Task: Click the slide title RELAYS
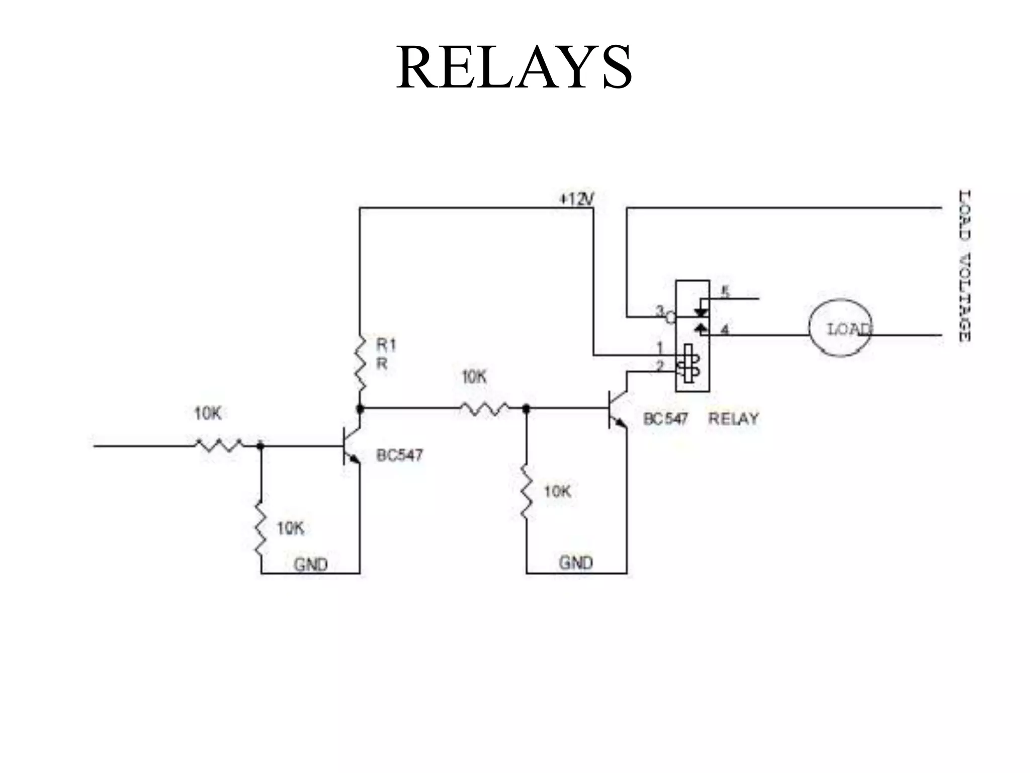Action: point(513,67)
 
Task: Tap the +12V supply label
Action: point(576,199)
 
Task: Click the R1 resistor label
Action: point(386,345)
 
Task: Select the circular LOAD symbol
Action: point(840,328)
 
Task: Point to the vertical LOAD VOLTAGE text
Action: point(964,265)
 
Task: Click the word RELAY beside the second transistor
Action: point(733,419)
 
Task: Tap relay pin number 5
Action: point(725,292)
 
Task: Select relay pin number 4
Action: point(725,330)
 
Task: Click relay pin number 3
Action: point(660,311)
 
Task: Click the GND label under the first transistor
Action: point(310,565)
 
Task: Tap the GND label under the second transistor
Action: point(575,563)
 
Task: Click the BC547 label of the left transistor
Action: point(399,455)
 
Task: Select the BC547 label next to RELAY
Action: point(665,419)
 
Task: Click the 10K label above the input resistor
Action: point(208,414)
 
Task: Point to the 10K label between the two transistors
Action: point(474,377)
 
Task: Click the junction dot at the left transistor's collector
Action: point(360,409)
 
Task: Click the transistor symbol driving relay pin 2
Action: point(618,409)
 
